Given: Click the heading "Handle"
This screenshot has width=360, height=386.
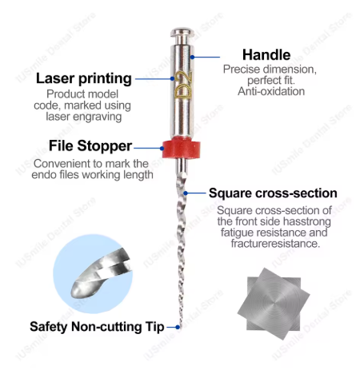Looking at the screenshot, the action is click(x=266, y=55).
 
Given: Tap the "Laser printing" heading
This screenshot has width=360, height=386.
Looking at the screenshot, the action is click(x=84, y=78).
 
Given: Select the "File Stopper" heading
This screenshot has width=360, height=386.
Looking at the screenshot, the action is click(x=90, y=145).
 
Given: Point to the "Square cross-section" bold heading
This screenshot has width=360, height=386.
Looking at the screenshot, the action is click(x=273, y=193).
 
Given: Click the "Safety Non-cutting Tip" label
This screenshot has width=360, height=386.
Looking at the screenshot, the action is click(x=97, y=327).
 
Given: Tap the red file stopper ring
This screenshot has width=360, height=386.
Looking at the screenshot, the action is click(x=182, y=148).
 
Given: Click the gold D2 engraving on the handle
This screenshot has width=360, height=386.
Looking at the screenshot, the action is click(x=184, y=85).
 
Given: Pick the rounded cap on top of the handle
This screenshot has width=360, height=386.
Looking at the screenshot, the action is click(x=182, y=33).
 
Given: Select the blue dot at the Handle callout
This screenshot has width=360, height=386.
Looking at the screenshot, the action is click(x=192, y=57).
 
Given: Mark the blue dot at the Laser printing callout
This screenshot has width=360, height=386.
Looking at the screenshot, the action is click(x=172, y=78).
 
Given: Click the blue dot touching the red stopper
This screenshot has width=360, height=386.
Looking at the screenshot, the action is click(x=162, y=148).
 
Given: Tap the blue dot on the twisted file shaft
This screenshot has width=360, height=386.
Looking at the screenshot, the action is click(x=186, y=193).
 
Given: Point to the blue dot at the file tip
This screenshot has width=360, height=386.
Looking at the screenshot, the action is click(x=178, y=327).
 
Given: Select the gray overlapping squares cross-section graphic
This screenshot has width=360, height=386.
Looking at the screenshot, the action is click(x=274, y=304).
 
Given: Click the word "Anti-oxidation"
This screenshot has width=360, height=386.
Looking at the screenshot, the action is click(x=271, y=91).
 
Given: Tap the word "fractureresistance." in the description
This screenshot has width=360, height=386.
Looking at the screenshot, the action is click(x=275, y=244).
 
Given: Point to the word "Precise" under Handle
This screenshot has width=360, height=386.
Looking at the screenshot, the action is click(x=242, y=70).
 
